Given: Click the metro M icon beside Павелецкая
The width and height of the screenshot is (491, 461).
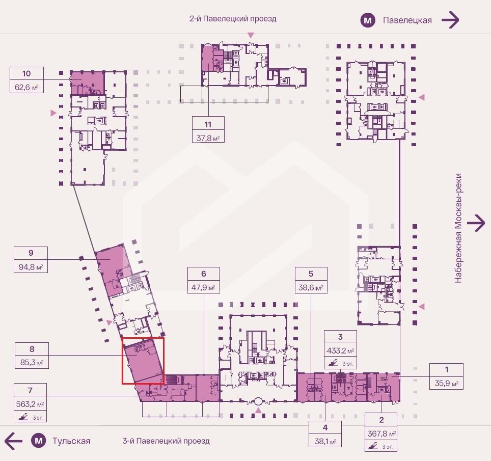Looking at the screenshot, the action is (368, 21).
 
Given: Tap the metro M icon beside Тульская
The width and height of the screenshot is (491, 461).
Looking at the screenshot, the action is (39, 441).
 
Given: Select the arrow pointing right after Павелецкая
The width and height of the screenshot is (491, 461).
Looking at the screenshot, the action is (450, 20).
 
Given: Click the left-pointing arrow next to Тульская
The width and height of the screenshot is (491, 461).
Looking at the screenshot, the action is (13, 441).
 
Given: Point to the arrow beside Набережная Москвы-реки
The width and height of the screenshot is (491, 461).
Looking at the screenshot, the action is (476, 223).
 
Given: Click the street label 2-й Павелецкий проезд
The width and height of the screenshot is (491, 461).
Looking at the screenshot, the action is (233, 19).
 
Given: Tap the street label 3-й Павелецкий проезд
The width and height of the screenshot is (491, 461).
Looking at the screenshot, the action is (166, 441).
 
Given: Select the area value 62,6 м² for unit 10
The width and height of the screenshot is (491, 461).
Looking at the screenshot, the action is (26, 87).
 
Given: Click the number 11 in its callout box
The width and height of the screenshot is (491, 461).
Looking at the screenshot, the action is (208, 124).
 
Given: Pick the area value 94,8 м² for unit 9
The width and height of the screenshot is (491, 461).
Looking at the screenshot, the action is (31, 267).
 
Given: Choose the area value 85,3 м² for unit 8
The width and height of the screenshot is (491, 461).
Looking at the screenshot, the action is (32, 363).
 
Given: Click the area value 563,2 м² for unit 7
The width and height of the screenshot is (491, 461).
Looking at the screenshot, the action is (30, 404).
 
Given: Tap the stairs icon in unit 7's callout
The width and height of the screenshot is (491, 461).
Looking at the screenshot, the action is (23, 417).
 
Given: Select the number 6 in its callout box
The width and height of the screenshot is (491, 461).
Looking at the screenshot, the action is (204, 274).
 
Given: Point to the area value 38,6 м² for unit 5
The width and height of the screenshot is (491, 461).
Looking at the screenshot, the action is (311, 287).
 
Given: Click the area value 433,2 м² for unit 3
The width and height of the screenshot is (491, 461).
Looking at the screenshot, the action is (340, 351).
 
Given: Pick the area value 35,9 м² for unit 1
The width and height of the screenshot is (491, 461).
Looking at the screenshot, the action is (447, 384).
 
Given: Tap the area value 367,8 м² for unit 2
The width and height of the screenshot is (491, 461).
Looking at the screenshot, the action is (381, 434).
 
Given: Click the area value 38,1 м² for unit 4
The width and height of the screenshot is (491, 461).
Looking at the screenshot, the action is (325, 441).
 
